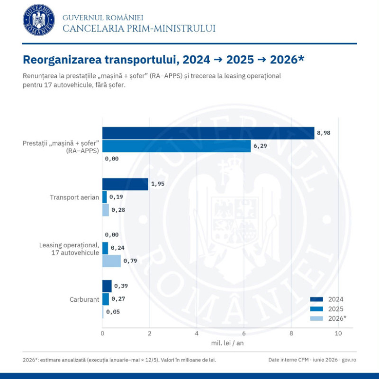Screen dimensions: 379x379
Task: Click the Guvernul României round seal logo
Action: pos(39,20)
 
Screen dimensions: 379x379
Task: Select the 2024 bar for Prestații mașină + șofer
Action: pos(208,133)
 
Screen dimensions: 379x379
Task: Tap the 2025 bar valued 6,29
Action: pos(176,146)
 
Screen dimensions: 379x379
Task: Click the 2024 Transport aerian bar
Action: pos(125,184)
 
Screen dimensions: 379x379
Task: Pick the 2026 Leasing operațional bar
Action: pos(112,261)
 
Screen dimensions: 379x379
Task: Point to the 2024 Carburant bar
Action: pos(107,286)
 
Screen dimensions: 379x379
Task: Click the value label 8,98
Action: pos(324,133)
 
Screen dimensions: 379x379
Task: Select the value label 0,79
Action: pos(130,261)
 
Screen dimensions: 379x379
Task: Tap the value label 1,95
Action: pos(158,184)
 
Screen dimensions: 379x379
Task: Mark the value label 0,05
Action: pos(113,312)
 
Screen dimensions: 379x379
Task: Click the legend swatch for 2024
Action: pos(316,299)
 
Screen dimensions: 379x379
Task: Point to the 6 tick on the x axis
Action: pos(244,334)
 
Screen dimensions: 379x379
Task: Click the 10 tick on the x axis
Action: pos(338,334)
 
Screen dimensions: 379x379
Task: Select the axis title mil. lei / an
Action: pos(227,343)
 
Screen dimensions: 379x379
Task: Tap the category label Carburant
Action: pos(84,299)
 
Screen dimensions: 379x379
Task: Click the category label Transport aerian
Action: pos(74,198)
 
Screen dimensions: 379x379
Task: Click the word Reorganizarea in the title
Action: pos(62,60)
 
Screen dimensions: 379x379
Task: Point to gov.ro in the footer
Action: pos(349,360)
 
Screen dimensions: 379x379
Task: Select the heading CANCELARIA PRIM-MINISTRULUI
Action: pos(139,28)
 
